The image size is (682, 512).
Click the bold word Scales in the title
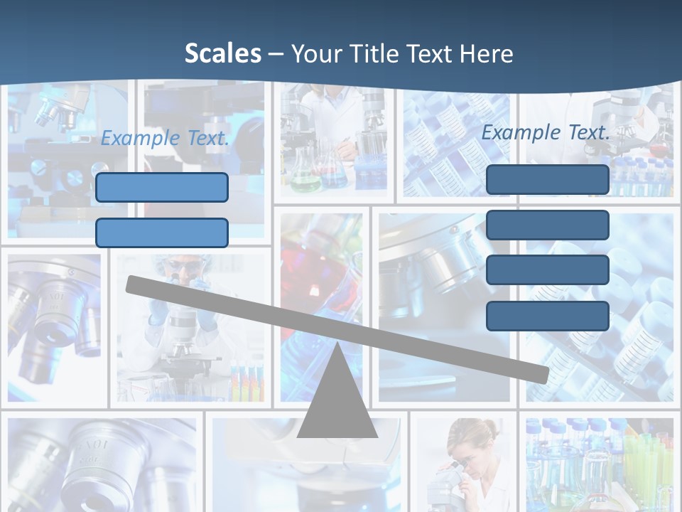pyautogui.click(x=222, y=53)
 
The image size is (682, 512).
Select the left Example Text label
pyautogui.click(x=165, y=138)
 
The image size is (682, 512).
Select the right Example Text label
pyautogui.click(x=546, y=132)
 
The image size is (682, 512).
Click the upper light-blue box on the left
pyautogui.click(x=162, y=187)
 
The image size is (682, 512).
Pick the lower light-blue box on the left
pyautogui.click(x=162, y=233)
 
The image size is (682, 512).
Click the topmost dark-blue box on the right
pyautogui.click(x=547, y=179)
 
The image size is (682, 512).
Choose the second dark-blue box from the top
pyautogui.click(x=547, y=225)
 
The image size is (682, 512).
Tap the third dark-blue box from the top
pyautogui.click(x=547, y=270)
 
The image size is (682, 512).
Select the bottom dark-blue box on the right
pyautogui.click(x=547, y=316)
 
